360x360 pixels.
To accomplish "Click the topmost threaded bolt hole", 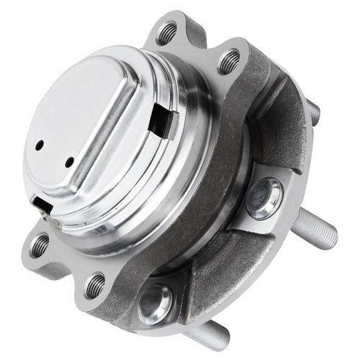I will (x=168, y=31).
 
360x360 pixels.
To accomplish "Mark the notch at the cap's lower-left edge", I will (x=42, y=206).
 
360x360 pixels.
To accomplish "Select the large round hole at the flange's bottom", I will (x=157, y=302).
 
